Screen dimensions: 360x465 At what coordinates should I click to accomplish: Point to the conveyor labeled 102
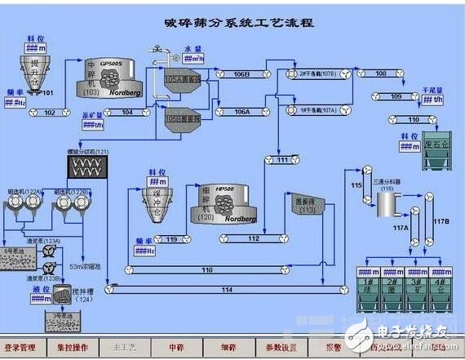coord(49,112)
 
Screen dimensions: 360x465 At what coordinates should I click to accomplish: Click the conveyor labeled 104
coord(127,112)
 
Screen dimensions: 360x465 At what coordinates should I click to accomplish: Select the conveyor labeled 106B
coord(242,74)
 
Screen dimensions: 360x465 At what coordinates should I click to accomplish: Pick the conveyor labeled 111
coord(282,160)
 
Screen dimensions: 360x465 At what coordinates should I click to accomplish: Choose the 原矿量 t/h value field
coord(93,127)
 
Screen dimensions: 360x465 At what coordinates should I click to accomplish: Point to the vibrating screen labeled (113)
coord(306,205)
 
